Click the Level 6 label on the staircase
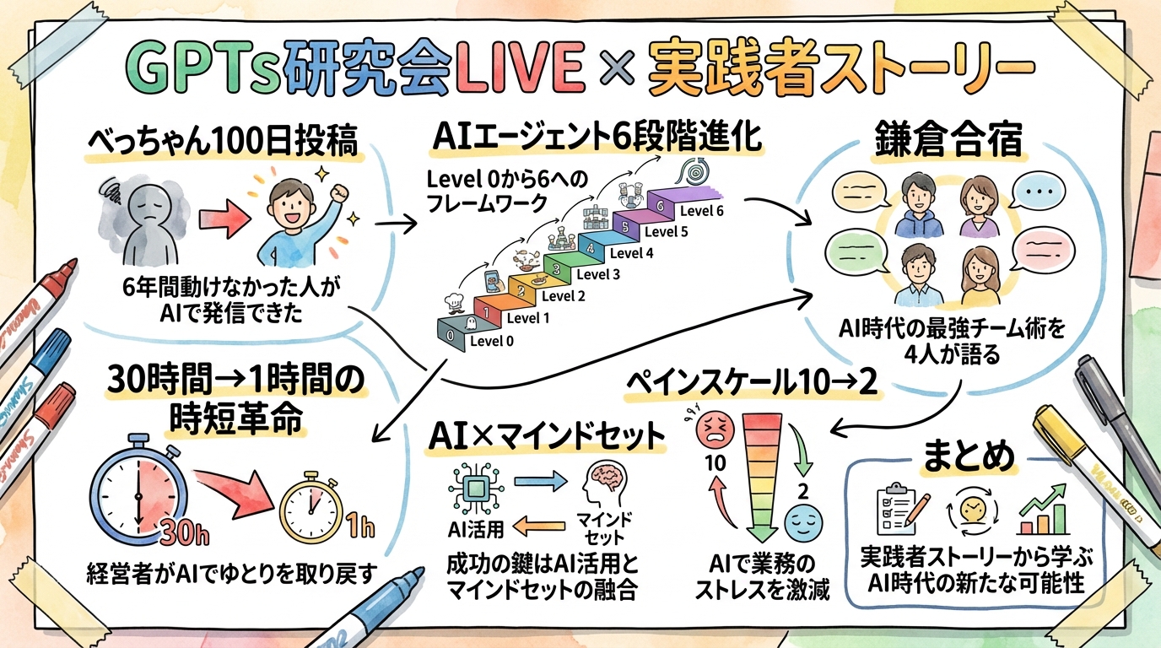coord(701,211)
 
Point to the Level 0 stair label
coord(491,341)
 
